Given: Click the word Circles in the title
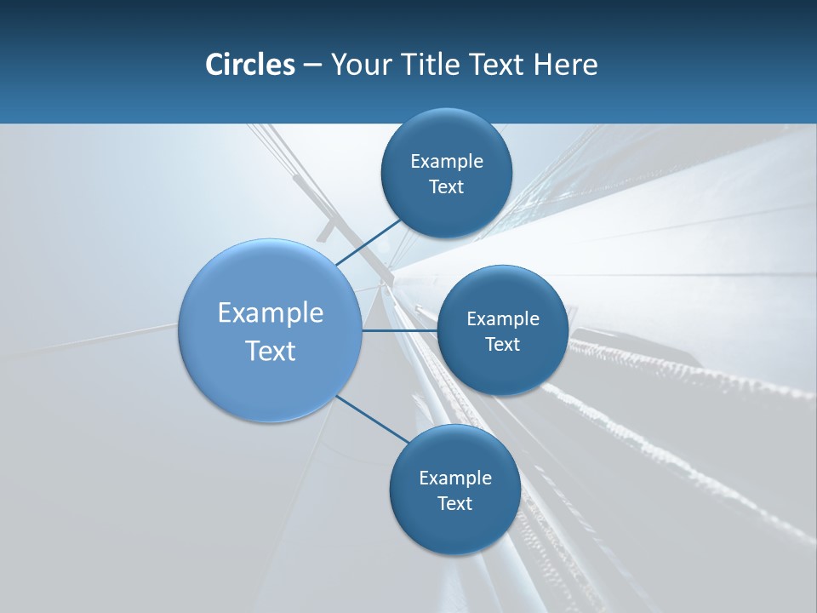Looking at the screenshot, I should pos(249,65).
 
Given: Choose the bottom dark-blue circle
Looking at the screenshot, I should pos(454,528).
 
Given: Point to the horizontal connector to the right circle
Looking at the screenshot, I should pos(400,330).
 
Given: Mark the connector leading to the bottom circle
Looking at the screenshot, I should pos(373,418).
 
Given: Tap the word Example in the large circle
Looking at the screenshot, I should pos(271,313).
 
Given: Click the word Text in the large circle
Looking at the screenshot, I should pos(271,351).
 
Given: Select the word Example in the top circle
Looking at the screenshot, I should pos(447,161).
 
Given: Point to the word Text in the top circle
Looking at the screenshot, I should pos(446,186).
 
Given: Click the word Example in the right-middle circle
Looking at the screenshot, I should pos(503,318).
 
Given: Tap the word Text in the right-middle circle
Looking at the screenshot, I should pos(502,344).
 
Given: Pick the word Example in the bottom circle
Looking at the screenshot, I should pos(455,478).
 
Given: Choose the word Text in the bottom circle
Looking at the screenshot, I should pos(454,503).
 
